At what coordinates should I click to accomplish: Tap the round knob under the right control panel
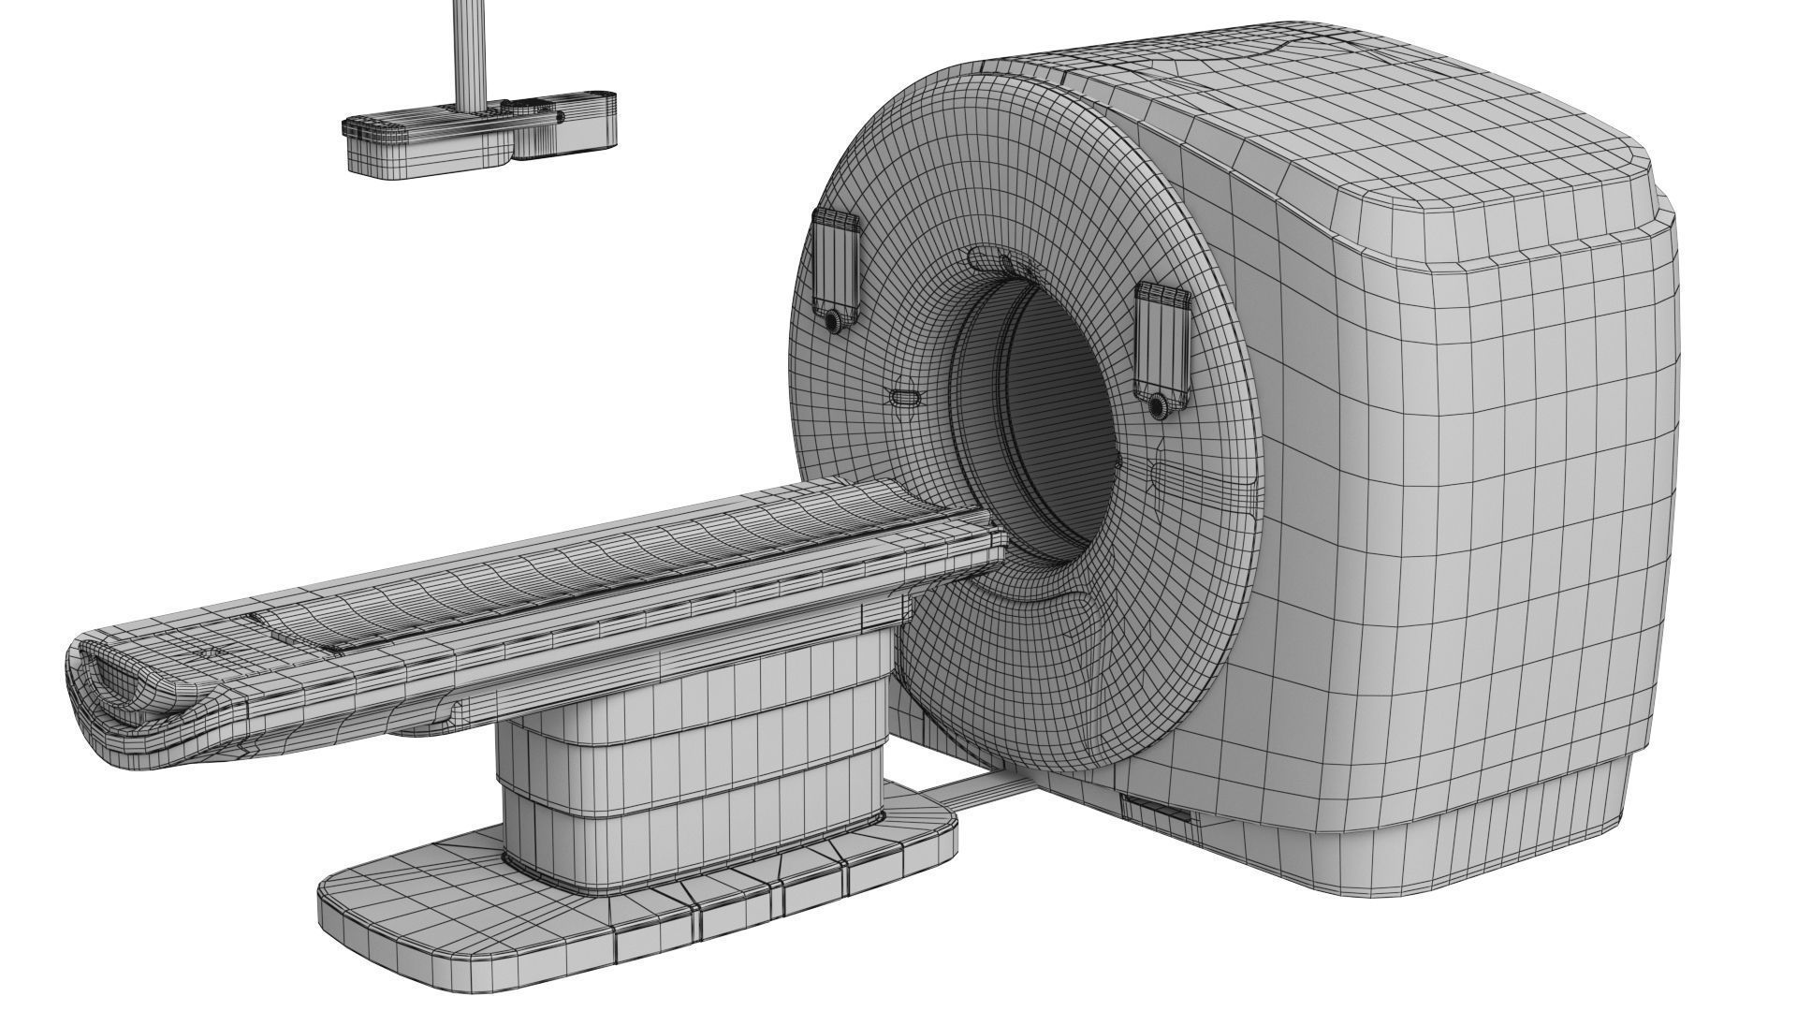tap(1159, 405)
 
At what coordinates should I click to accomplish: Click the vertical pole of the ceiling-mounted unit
tap(468, 51)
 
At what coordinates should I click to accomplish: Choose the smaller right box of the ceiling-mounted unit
tap(566, 126)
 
